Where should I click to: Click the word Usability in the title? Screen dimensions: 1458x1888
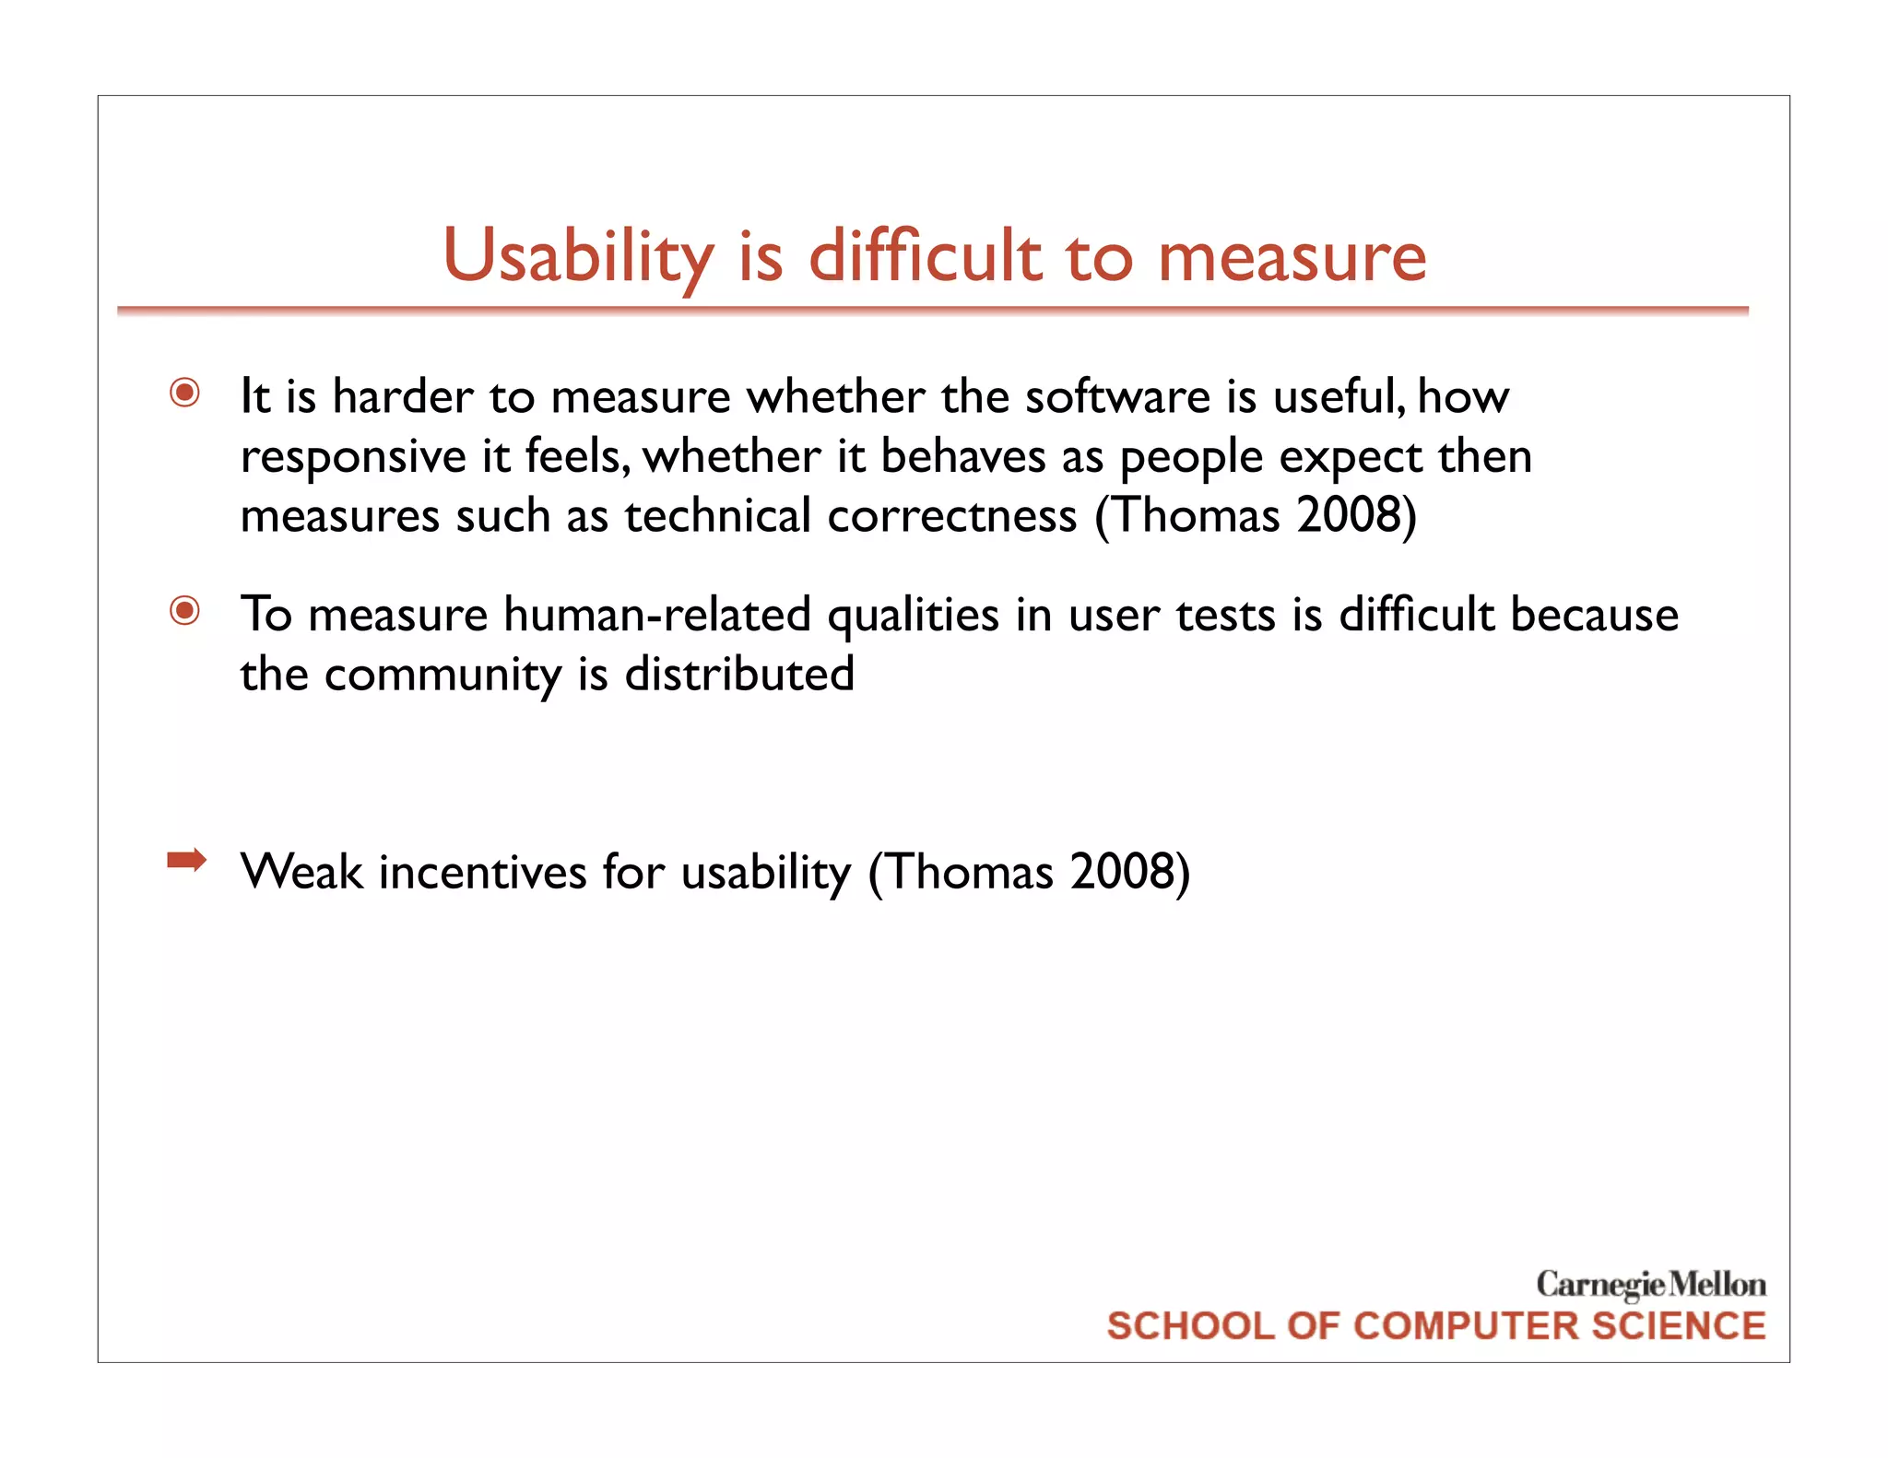578,256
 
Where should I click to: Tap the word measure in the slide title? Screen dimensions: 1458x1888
1292,256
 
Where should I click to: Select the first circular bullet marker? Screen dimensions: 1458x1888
185,394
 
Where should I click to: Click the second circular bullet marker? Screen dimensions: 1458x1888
185,610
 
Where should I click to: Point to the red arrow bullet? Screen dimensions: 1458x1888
186,861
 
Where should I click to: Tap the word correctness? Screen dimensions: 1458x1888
951,515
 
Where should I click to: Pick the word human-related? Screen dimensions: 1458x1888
657,615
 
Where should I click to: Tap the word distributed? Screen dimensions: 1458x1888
739,674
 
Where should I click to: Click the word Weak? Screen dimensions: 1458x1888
301,872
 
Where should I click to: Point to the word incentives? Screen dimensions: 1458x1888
482,872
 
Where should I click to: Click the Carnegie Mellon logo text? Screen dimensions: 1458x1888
1650,1284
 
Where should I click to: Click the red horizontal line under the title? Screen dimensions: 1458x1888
932,311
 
